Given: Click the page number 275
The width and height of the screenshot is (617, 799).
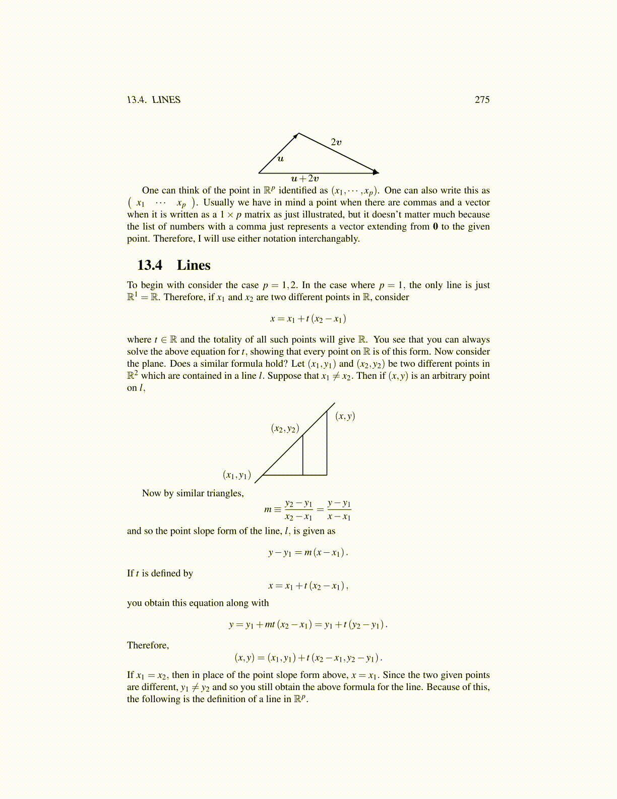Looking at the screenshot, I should coord(482,100).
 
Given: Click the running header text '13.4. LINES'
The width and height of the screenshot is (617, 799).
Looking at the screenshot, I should coord(153,100).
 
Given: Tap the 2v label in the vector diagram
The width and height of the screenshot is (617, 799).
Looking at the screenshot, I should coord(336,142).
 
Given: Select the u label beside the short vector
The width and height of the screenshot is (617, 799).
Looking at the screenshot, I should coord(281,159).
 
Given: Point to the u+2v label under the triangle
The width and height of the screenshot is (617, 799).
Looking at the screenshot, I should coord(305,179).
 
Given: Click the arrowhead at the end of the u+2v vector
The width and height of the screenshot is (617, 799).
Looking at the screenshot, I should coord(376,172).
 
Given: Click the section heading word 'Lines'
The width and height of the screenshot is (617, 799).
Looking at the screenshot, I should coord(194,265).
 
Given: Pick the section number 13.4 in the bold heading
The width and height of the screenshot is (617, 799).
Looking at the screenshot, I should coord(150,265).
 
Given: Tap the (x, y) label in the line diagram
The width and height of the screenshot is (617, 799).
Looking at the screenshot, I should coord(345,416).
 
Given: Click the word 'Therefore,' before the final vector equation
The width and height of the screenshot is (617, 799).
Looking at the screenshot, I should coord(148,646).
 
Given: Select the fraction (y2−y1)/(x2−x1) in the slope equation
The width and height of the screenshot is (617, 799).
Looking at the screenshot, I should coord(298,510).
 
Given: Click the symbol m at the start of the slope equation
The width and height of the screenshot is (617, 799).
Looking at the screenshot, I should coord(268,509).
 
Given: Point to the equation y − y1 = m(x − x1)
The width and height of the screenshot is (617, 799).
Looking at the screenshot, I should coord(308,553).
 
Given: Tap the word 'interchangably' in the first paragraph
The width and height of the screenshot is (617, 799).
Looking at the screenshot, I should coord(328,239).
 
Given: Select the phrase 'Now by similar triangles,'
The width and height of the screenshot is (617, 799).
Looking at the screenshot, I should coord(193,493).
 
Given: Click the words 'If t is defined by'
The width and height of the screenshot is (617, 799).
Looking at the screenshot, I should coord(160,574).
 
